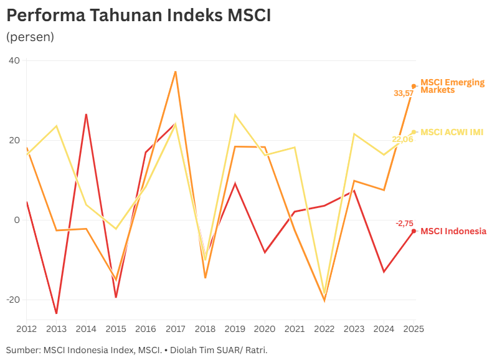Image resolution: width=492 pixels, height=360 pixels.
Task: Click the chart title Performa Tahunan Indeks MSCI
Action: tap(138, 16)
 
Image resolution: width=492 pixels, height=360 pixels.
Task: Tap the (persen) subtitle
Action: tap(30, 37)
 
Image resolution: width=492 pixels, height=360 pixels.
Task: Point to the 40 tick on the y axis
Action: tap(14, 61)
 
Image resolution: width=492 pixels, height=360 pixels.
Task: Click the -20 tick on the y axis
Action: tap(12, 300)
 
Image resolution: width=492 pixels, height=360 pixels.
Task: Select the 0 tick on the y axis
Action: tap(17, 220)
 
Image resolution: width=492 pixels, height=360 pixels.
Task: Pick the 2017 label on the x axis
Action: tap(176, 328)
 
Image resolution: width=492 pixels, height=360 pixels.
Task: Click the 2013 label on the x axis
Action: tap(56, 328)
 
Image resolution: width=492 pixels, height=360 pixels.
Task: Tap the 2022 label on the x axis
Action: tap(324, 328)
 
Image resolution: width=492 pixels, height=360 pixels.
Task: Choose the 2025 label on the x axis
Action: tap(414, 328)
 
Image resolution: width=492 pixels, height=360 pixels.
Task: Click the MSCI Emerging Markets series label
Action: tap(452, 86)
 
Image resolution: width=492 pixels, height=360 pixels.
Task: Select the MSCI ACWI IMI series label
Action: tap(452, 132)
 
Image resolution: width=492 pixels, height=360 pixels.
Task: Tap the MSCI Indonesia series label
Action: tap(453, 231)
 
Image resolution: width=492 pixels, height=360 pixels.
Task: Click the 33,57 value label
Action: tap(403, 93)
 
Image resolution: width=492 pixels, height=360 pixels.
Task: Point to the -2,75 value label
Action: tap(404, 223)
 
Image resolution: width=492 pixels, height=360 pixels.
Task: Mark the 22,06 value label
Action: tap(402, 140)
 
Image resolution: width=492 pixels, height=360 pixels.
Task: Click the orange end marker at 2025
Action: tap(414, 86)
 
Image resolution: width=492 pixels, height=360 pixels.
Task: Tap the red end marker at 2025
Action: tap(414, 230)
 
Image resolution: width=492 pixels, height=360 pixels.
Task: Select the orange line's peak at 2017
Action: tap(176, 72)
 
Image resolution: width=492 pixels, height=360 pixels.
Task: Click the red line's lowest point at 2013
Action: tap(56, 313)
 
